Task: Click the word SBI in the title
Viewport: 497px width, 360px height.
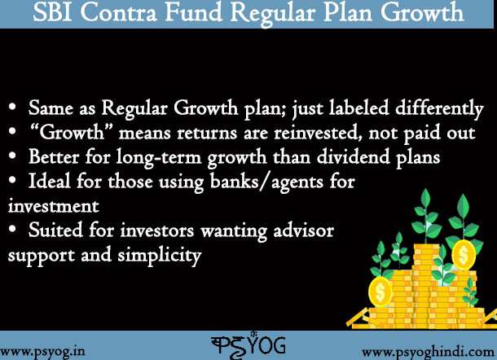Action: (x=52, y=12)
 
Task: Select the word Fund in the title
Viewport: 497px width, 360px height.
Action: (x=193, y=12)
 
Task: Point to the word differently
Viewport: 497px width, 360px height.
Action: (x=439, y=109)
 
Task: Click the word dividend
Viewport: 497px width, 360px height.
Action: (x=353, y=156)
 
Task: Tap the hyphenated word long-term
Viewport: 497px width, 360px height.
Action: (x=159, y=158)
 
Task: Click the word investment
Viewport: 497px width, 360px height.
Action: (x=54, y=206)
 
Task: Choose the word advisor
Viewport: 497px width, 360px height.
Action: (x=304, y=230)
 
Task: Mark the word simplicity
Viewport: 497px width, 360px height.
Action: (x=160, y=256)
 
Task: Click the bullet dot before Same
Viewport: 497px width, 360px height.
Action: (x=12, y=107)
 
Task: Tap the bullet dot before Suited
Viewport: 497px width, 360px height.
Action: (x=12, y=229)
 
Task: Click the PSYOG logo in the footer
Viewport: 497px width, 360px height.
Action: (x=248, y=345)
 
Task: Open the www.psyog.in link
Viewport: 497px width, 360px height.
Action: (x=42, y=352)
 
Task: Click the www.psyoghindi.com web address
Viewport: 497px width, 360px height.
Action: (x=428, y=353)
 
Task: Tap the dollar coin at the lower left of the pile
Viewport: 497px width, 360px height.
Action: (x=380, y=292)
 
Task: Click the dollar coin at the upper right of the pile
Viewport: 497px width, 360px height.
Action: (x=464, y=254)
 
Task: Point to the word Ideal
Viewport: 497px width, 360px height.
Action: (x=49, y=181)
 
